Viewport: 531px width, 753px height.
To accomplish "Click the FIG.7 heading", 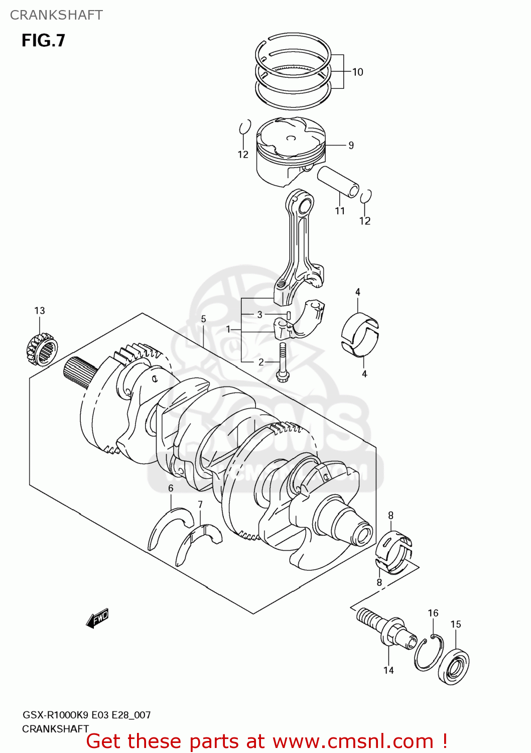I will pos(43,41).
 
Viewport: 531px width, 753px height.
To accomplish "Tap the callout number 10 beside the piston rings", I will pos(357,72).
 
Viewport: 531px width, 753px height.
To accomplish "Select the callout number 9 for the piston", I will pos(351,146).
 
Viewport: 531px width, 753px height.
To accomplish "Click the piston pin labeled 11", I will pos(338,182).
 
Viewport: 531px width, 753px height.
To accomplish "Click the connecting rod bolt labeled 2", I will pos(282,362).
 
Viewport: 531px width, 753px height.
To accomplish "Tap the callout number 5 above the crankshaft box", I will pos(203,319).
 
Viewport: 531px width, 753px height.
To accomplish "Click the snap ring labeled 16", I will pos(428,652).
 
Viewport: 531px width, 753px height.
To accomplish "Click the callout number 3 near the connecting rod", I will pos(259,315).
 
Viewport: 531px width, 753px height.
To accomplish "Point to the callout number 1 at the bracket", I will pos(228,330).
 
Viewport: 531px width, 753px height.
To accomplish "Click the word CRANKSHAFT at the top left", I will pos(56,15).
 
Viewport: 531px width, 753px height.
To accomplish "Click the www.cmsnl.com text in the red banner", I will pos(353,741).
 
